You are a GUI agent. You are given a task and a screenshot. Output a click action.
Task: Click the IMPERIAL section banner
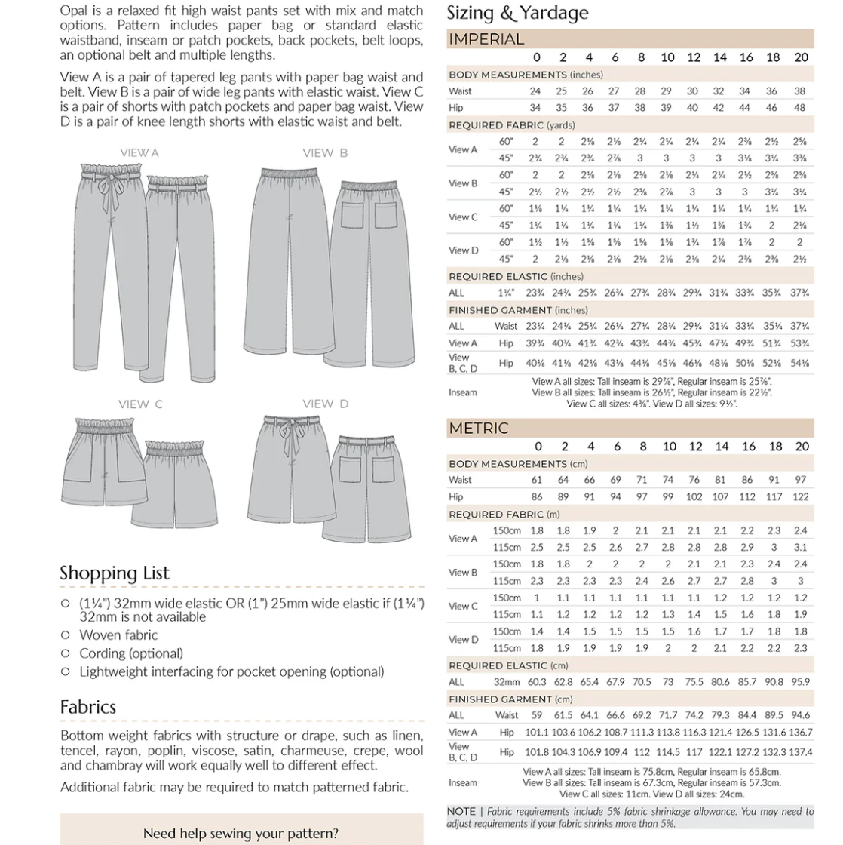[486, 39]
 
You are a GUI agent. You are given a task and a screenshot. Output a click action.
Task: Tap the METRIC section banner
[478, 428]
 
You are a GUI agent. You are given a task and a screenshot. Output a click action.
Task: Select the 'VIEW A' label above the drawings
[139, 153]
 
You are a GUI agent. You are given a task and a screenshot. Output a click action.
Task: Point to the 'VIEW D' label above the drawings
[325, 404]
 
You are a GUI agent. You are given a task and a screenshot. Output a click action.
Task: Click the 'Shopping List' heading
[115, 573]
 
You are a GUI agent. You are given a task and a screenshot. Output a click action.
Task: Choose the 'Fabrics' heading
[88, 707]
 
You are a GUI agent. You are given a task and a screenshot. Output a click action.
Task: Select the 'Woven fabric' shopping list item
[118, 635]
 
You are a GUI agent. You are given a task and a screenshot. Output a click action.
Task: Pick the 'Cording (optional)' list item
[131, 653]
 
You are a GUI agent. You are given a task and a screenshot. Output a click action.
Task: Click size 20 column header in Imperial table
[801, 57]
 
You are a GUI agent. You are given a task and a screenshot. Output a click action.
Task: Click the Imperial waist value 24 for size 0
[535, 91]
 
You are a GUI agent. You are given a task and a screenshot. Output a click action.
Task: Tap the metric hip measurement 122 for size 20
[801, 497]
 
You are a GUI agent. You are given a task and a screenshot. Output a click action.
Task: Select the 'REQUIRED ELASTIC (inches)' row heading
[516, 277]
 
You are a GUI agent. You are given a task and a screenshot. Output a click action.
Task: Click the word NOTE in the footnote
[461, 812]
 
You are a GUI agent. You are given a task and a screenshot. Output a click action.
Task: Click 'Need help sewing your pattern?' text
[241, 834]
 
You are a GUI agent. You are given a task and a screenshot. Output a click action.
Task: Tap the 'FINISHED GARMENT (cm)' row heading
[510, 699]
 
